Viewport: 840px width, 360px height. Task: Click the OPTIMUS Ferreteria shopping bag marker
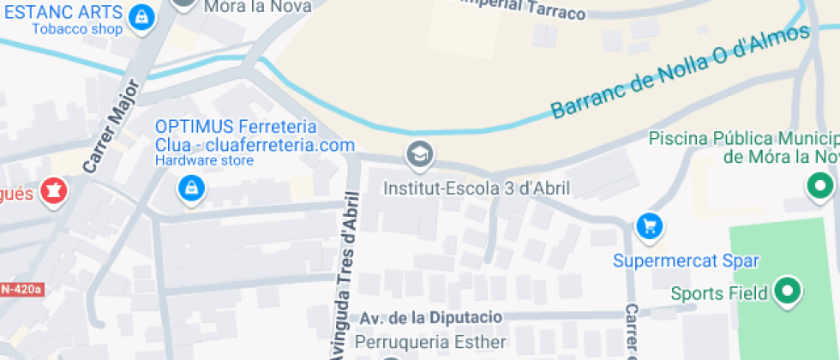[189, 188]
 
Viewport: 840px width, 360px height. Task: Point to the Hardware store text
[204, 160]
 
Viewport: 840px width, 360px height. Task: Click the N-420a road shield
[21, 290]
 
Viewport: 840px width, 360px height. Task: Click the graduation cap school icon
[419, 155]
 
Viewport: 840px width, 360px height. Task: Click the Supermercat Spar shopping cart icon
[650, 226]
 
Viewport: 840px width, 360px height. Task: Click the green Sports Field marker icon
[786, 291]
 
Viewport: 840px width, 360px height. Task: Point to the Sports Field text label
[718, 294]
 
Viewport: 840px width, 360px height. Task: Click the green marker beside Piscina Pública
[820, 184]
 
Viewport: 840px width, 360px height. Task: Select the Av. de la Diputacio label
[429, 317]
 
